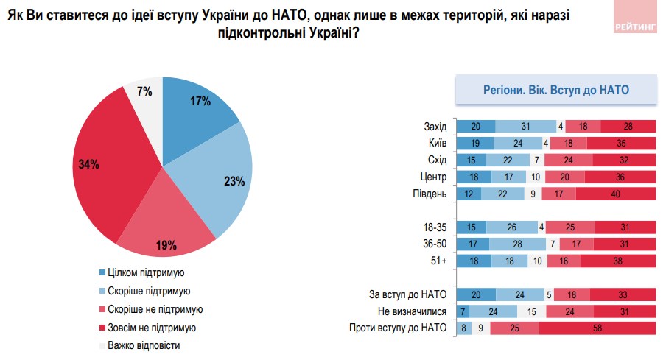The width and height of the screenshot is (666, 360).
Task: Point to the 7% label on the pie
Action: click(x=144, y=91)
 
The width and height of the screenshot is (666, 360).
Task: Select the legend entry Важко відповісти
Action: click(x=143, y=345)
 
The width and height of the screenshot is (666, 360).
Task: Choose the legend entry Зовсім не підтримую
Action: click(x=150, y=327)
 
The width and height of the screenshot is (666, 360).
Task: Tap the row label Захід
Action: click(x=435, y=126)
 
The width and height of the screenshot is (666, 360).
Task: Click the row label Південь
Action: click(x=429, y=194)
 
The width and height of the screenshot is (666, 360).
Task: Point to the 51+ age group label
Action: click(x=438, y=261)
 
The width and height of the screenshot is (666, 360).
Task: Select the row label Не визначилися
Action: click(x=413, y=311)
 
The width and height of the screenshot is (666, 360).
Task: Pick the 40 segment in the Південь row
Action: click(x=615, y=194)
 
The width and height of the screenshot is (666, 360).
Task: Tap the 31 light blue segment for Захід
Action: click(x=525, y=126)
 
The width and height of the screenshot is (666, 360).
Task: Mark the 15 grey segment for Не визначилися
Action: click(x=530, y=311)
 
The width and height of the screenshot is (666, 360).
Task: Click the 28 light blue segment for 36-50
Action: click(x=519, y=244)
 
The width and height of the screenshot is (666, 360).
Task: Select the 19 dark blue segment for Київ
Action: click(x=475, y=143)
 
